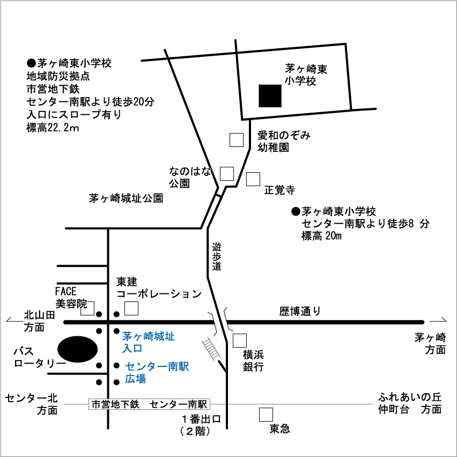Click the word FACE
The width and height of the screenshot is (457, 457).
tap(66, 292)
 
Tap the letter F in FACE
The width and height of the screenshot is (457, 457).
tap(58, 292)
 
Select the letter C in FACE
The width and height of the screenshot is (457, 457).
tap(69, 292)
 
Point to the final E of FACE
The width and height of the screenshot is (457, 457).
tap(74, 292)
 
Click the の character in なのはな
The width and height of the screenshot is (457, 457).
tap(185, 172)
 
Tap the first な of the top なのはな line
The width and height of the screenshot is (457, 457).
tap(174, 172)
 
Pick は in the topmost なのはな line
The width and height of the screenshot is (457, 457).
tap(195, 172)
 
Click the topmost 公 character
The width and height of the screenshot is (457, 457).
tap(174, 182)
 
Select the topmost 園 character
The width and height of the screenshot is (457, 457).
tap(185, 182)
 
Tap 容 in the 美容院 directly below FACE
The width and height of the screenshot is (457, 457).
tap(71, 303)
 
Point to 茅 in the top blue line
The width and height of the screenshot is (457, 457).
tap(128, 336)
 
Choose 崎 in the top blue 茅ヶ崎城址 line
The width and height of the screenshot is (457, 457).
tap(149, 336)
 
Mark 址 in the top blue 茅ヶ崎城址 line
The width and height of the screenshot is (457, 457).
tap(169, 336)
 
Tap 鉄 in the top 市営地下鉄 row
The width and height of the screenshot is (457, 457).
tap(134, 404)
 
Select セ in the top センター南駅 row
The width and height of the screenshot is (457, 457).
tap(154, 404)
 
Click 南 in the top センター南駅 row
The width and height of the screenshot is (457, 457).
tap(193, 404)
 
